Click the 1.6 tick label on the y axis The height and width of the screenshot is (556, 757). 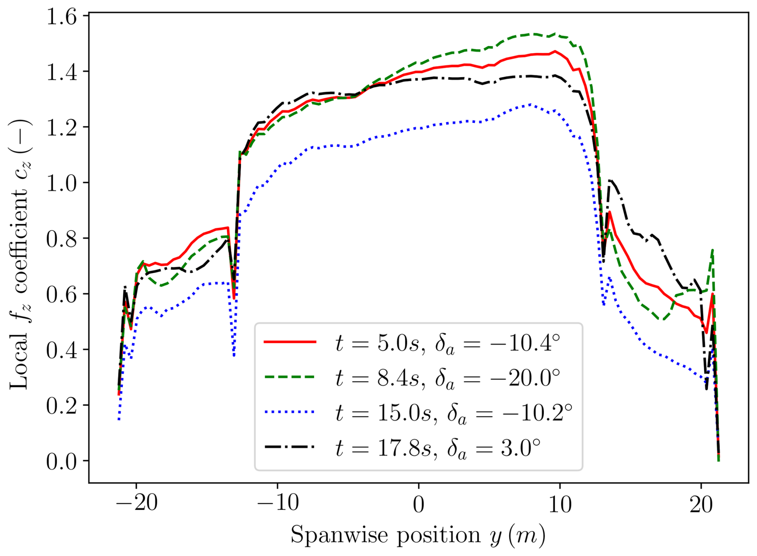coord(61,18)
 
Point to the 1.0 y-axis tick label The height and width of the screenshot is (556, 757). coord(61,184)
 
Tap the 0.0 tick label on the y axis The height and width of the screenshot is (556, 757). coord(61,462)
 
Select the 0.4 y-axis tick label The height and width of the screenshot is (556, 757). coord(61,351)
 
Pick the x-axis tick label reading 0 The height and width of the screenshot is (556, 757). coord(419,505)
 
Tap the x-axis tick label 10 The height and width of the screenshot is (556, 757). coord(560,505)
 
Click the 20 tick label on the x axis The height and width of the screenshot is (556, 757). coord(701,505)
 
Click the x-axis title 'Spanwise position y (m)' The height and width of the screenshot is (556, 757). coord(418,535)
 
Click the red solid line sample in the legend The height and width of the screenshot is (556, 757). coord(290,342)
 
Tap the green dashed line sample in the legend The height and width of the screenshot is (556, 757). coord(290,377)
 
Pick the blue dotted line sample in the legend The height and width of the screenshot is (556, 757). coord(290,412)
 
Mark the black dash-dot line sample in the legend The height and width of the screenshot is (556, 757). coord(290,446)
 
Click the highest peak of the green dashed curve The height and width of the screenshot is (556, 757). coord(555,34)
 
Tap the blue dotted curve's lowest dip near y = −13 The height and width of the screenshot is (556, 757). coord(234,356)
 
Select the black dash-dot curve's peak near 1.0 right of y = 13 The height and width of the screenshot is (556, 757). coord(609,180)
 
